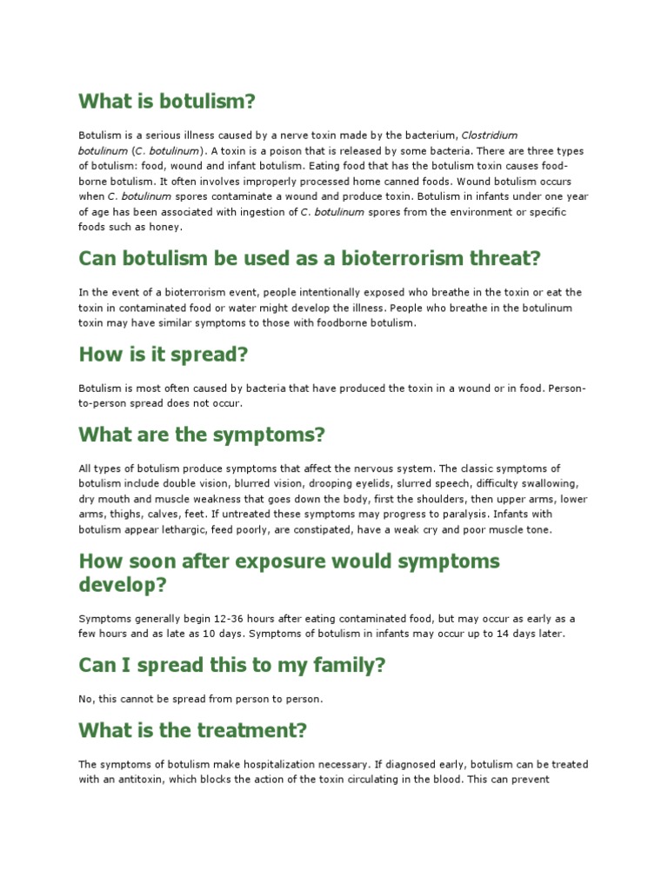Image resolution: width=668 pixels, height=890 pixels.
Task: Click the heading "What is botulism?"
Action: point(167,102)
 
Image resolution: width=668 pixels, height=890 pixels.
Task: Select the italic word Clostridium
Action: point(489,135)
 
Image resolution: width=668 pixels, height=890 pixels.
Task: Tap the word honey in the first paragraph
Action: point(165,227)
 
